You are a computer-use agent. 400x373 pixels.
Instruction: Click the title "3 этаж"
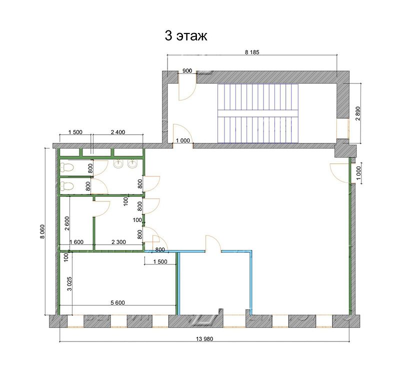click(185, 36)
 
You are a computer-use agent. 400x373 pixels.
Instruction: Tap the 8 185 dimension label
click(252, 52)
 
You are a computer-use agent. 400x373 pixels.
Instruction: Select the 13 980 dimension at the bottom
click(204, 339)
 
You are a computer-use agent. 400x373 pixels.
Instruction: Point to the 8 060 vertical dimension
click(42, 231)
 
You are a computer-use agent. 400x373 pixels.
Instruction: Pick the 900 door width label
click(187, 70)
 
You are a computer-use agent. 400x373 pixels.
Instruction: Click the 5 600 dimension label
click(117, 303)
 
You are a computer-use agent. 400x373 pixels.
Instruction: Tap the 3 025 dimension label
click(69, 283)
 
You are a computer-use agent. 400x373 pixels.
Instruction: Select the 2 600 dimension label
click(67, 223)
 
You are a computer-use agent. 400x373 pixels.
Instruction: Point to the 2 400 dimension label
click(118, 132)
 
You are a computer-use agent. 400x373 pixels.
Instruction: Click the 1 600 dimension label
click(76, 242)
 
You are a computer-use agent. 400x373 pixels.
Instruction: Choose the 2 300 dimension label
click(118, 242)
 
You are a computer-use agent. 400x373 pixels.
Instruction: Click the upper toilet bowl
click(67, 167)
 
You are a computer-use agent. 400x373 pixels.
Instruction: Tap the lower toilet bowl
click(67, 186)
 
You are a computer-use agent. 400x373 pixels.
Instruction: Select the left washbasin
click(118, 164)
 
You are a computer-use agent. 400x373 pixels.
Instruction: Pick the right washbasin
click(132, 164)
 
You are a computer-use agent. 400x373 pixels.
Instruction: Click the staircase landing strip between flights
click(257, 113)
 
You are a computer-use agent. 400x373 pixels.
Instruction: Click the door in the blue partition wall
click(213, 244)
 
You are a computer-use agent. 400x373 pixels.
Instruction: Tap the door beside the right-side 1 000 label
click(339, 173)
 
